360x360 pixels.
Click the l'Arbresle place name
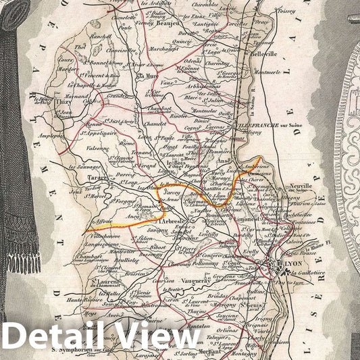click(172, 221)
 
